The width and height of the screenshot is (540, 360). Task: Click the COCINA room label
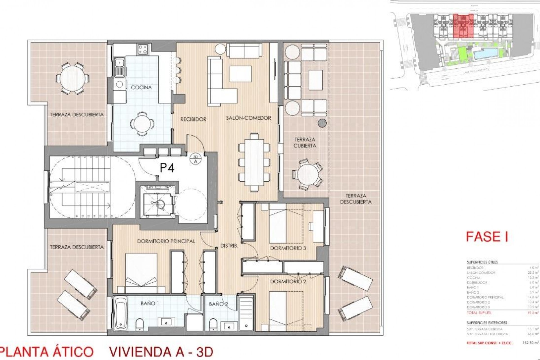(x=141, y=87)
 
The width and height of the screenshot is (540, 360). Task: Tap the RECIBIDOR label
(x=193, y=119)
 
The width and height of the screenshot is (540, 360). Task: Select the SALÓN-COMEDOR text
(x=248, y=118)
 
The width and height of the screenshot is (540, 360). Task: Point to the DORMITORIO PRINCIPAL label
(x=166, y=241)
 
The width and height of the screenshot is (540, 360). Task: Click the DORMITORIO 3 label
(x=288, y=248)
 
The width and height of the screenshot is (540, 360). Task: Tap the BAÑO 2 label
(x=218, y=304)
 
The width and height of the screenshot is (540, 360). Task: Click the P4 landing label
(x=167, y=168)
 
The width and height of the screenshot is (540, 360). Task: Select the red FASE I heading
(x=487, y=237)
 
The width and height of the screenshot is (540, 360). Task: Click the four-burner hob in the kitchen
(x=143, y=50)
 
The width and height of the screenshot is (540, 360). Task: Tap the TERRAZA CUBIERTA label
(x=305, y=143)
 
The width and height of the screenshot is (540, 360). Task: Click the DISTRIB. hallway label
(x=229, y=246)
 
